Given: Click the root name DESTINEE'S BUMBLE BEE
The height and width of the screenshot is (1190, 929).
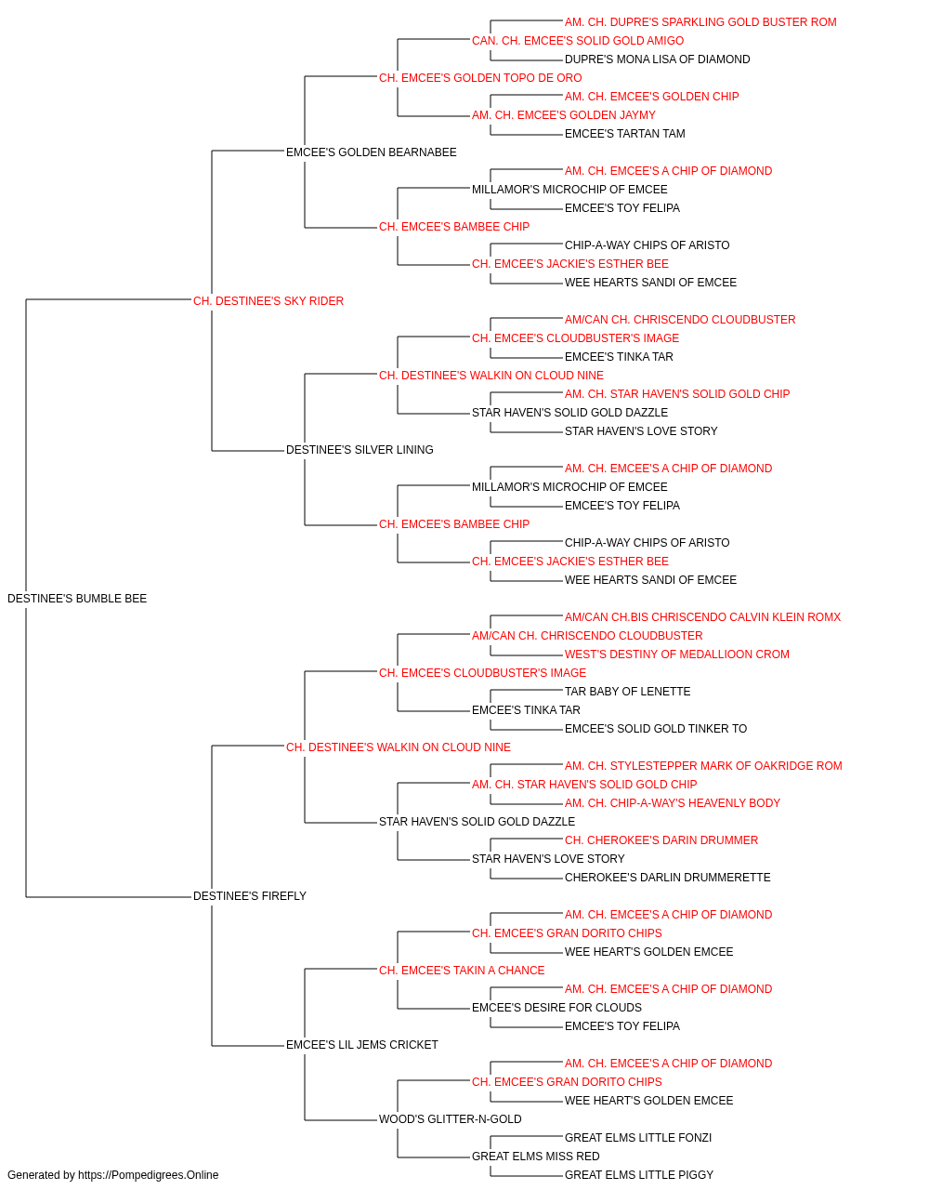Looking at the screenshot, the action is click(77, 599).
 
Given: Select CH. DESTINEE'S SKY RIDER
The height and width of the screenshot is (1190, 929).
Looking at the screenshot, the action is click(268, 301).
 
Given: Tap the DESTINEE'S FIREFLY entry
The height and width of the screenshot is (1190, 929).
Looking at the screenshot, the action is click(250, 896).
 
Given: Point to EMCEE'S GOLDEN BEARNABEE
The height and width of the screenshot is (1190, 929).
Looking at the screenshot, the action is click(371, 152).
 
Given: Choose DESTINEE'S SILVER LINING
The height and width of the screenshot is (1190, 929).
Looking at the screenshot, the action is click(360, 450).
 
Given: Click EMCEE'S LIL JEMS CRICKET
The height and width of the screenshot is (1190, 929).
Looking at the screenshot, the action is click(361, 1045).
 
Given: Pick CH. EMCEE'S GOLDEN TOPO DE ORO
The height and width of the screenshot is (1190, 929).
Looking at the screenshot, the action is click(479, 78).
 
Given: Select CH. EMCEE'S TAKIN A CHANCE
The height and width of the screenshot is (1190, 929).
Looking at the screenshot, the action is click(461, 971).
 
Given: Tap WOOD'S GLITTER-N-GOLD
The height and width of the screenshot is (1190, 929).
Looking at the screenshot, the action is click(450, 1119).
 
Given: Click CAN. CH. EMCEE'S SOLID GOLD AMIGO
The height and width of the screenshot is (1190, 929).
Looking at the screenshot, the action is click(577, 41).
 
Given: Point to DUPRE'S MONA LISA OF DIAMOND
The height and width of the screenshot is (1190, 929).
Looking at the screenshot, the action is click(657, 59).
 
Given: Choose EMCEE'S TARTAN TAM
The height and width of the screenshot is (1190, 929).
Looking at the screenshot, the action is click(624, 134).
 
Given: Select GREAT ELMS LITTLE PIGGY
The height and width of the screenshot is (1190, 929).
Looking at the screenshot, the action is click(638, 1175).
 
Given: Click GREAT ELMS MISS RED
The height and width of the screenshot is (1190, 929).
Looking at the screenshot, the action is click(535, 1157).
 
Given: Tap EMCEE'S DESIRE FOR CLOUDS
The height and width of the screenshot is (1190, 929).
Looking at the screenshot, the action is click(556, 1008).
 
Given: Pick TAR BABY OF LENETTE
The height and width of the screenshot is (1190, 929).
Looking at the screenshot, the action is click(627, 692).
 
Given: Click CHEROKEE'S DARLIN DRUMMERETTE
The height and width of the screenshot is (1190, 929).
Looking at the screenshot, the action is click(667, 878).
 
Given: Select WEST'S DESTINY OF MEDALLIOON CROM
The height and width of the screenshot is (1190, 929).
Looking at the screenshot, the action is click(676, 654).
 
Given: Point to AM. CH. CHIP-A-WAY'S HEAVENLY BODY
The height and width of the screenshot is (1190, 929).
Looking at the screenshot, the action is click(672, 803).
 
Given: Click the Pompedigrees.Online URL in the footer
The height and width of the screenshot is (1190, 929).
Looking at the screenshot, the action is click(148, 1175).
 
